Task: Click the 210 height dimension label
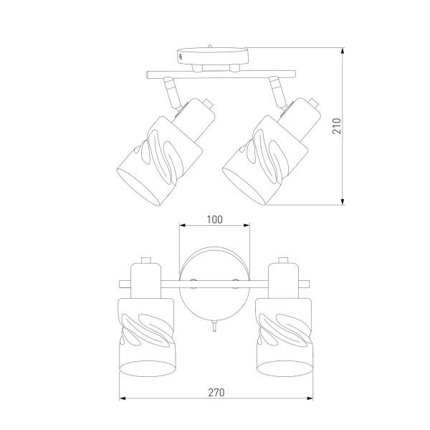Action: [x=337, y=126]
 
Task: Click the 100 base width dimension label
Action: [x=214, y=220]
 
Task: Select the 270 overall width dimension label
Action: [x=216, y=393]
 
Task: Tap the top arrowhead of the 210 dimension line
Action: [x=343, y=51]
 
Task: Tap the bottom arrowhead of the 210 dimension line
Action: [x=343, y=201]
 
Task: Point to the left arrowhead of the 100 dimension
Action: [x=183, y=226]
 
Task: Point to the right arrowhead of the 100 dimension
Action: [x=247, y=226]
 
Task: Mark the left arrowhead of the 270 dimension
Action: [x=123, y=398]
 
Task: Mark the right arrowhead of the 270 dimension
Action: [x=310, y=398]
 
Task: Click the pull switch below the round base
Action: [x=214, y=326]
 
